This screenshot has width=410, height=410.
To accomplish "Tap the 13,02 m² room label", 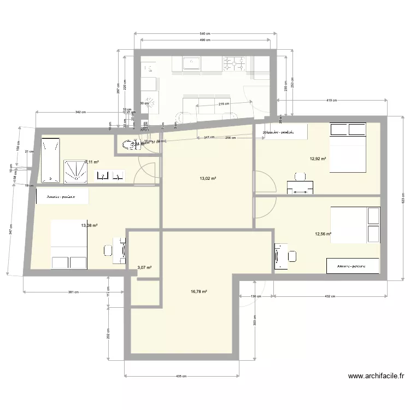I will pyautogui.click(x=209, y=178).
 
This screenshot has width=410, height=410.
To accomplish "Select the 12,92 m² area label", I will pyautogui.click(x=318, y=159).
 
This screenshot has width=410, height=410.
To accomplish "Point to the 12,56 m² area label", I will pyautogui.click(x=323, y=234).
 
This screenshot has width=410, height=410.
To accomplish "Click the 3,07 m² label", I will pyautogui.click(x=144, y=267).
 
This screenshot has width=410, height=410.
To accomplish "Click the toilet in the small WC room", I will pyautogui.click(x=130, y=145).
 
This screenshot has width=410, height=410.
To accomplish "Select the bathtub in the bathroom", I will pyautogui.click(x=51, y=160).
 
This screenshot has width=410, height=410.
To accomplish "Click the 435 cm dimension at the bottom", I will pyautogui.click(x=181, y=376).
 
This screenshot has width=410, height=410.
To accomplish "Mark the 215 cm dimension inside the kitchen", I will pyautogui.click(x=224, y=104).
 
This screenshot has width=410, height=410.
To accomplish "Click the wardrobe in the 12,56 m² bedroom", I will pyautogui.click(x=353, y=266).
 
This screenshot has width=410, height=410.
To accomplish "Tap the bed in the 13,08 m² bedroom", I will pyautogui.click(x=69, y=244).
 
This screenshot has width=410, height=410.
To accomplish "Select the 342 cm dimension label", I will pyautogui.click(x=80, y=112).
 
